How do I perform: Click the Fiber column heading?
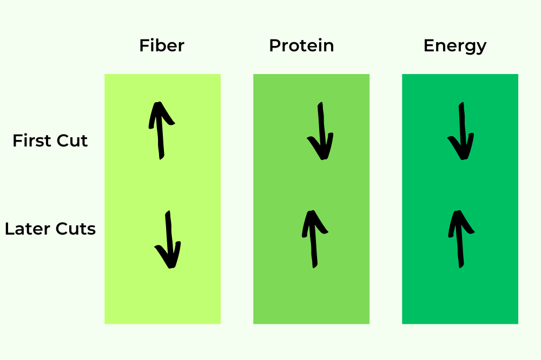161,45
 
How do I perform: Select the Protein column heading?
301,45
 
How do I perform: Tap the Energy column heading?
454,46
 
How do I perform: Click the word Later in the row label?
27,229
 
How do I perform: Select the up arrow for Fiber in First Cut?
160,131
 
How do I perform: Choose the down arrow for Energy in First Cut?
461,131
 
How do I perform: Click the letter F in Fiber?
143,45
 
